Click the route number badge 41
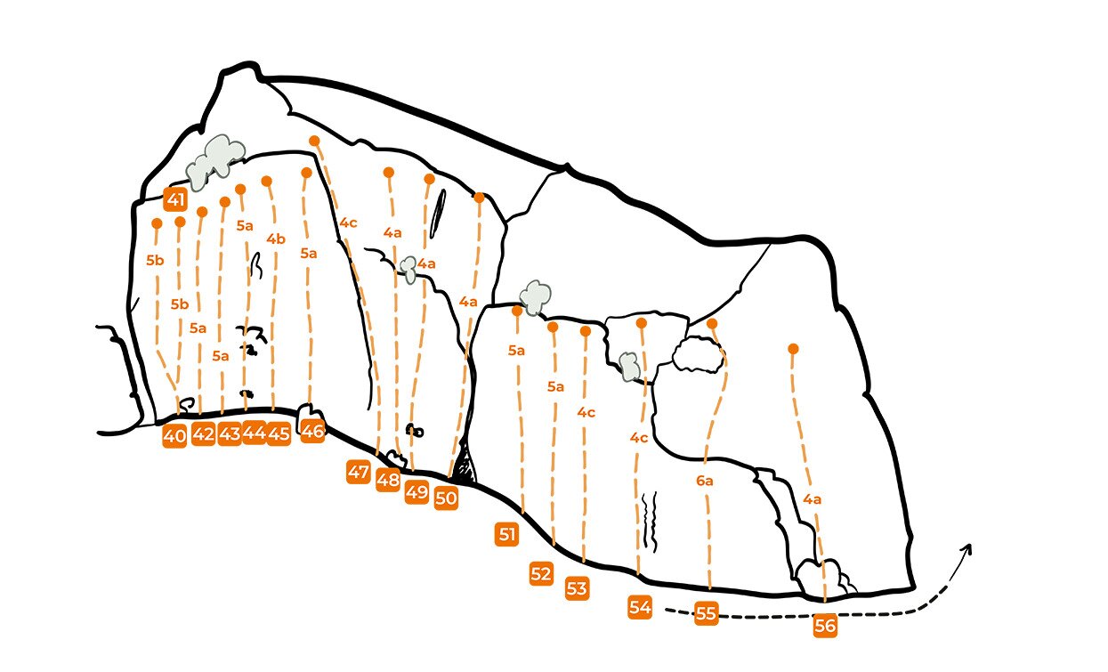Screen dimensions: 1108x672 point(175,199)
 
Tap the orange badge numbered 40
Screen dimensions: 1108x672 point(174,436)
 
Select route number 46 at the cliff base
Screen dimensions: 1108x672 point(312,432)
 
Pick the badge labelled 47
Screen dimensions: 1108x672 point(359,472)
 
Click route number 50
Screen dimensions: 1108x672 point(446,498)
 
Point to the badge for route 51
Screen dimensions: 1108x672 point(507,534)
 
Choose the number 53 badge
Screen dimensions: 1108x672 point(577,588)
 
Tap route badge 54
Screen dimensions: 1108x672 point(640,607)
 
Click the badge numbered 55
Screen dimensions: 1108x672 point(706,613)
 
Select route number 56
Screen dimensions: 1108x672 point(825,626)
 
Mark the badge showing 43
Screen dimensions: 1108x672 point(230,434)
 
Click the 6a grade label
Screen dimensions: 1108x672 point(704,481)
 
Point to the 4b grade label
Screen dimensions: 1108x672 point(276,239)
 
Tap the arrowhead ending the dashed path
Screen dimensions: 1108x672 point(967,547)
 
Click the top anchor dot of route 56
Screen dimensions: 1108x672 point(793,349)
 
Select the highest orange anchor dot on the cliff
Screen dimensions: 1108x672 point(314,141)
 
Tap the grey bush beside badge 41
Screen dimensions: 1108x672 point(215,162)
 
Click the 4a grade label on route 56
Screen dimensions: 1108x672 point(812,499)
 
